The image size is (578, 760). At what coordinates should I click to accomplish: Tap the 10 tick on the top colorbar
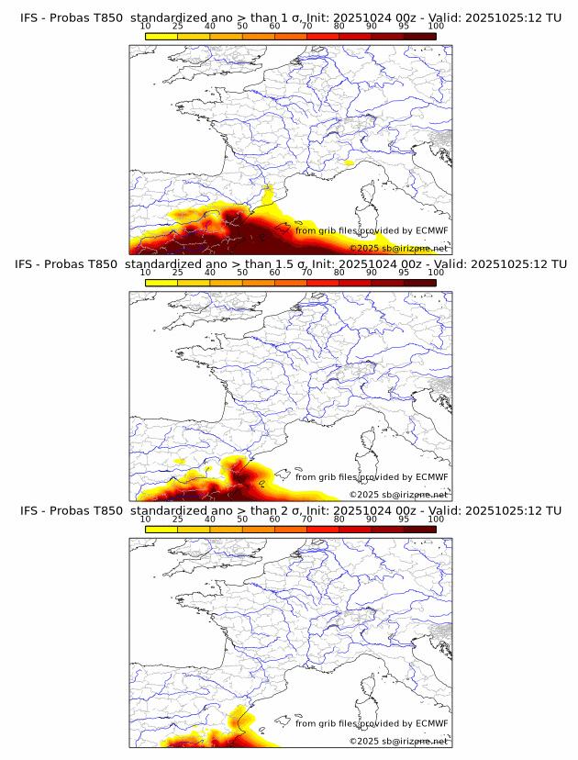point(146,26)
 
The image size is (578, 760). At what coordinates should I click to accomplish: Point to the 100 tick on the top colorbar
point(436,26)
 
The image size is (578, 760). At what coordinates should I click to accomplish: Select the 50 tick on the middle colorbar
point(242,273)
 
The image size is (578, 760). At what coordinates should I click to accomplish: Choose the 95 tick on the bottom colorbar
point(404,519)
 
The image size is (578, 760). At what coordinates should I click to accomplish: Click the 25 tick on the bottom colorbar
point(178,519)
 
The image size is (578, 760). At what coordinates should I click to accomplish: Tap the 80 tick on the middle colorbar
point(339,273)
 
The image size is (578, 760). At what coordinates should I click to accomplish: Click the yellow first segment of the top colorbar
point(161,35)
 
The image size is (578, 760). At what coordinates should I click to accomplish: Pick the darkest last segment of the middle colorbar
point(419,282)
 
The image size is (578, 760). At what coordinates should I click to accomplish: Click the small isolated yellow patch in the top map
point(348,162)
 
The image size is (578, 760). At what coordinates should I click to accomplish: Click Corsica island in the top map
point(372,192)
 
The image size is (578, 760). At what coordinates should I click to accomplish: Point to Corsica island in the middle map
point(372,439)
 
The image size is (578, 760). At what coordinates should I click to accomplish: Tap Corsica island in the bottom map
point(372,685)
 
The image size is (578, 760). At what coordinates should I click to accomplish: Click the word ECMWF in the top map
point(431,230)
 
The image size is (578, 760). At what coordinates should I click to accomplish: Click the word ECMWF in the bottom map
point(431,723)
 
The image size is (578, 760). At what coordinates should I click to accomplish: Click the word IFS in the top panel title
point(29,17)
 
